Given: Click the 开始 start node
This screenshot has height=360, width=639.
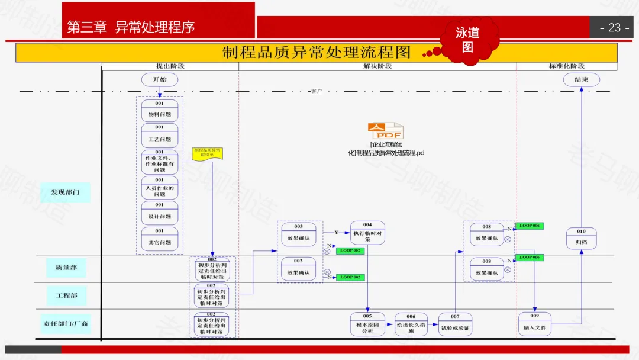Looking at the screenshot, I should coord(160,79).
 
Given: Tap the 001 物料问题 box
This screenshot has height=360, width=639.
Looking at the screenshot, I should coord(160,111).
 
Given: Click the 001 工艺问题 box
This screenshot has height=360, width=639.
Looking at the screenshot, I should coord(160,136).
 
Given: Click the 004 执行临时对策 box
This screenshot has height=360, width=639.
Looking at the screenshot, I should coord(367,233).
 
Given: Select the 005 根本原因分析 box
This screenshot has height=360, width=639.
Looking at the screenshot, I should coord(367,324).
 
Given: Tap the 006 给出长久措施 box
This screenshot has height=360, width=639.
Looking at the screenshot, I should coord(411,324).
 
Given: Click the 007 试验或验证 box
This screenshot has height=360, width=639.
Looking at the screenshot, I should coord(455,324).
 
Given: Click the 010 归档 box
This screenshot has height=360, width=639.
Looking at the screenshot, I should coord(582,239).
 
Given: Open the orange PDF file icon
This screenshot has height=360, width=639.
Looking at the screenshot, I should coord(385,131).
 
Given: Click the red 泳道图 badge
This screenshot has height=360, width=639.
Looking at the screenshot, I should coord(467,40).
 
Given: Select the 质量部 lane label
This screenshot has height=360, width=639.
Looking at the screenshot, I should coord(66,268).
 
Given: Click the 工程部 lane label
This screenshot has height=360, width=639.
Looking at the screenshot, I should coord(66,295).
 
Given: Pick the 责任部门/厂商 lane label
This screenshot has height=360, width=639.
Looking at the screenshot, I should coord(66,324).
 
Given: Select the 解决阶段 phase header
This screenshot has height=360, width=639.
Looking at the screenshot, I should coord(377,66).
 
